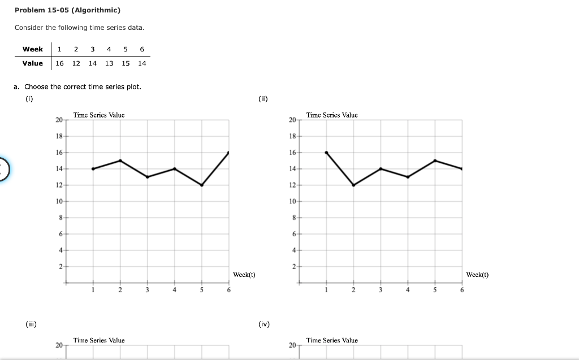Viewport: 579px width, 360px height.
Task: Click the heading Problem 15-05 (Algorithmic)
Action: tap(67, 10)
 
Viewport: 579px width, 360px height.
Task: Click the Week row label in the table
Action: tap(32, 49)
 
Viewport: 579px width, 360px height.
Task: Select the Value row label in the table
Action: tap(32, 63)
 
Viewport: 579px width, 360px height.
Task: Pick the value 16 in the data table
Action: tap(59, 63)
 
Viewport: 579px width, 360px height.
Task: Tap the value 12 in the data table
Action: tap(76, 63)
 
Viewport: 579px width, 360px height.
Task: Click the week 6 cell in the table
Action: tap(142, 49)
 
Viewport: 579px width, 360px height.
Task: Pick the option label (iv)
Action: tap(263, 324)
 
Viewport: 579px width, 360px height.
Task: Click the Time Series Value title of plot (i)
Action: tap(99, 115)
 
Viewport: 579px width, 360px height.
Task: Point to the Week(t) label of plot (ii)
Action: tap(477, 275)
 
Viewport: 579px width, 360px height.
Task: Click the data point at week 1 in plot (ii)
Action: tap(326, 153)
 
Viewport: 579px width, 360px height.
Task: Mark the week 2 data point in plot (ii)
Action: tap(353, 185)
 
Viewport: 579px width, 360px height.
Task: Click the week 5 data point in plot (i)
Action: tap(201, 185)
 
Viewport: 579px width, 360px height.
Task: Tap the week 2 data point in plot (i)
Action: tap(120, 161)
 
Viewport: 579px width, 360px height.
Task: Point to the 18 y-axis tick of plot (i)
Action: tap(59, 136)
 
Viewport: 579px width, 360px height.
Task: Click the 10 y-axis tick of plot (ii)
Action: tap(292, 201)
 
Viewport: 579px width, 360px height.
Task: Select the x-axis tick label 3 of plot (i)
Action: tap(147, 290)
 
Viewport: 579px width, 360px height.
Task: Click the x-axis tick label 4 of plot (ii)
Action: tap(408, 290)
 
